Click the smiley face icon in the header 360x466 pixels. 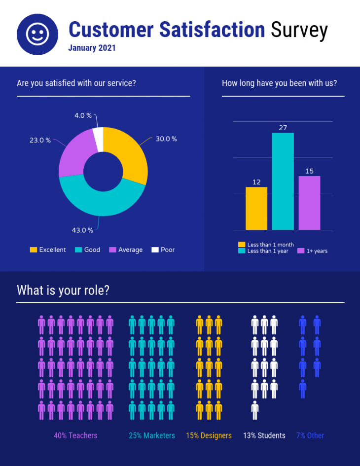(x=37, y=34)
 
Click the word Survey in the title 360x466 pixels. (x=299, y=30)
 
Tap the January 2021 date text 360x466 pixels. (x=92, y=48)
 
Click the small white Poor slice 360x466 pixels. (x=98, y=138)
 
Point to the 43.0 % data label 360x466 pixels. (x=83, y=230)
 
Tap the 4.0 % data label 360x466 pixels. (x=83, y=115)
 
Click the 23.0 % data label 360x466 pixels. (x=40, y=141)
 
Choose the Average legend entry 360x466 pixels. (x=126, y=250)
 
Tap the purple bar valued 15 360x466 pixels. (x=309, y=203)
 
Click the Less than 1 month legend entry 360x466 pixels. (x=266, y=245)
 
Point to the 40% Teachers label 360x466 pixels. (x=75, y=435)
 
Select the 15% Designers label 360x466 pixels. (x=209, y=435)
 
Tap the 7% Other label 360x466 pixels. (x=310, y=435)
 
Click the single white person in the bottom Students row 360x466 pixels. (x=255, y=410)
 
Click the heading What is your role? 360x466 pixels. (x=63, y=290)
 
